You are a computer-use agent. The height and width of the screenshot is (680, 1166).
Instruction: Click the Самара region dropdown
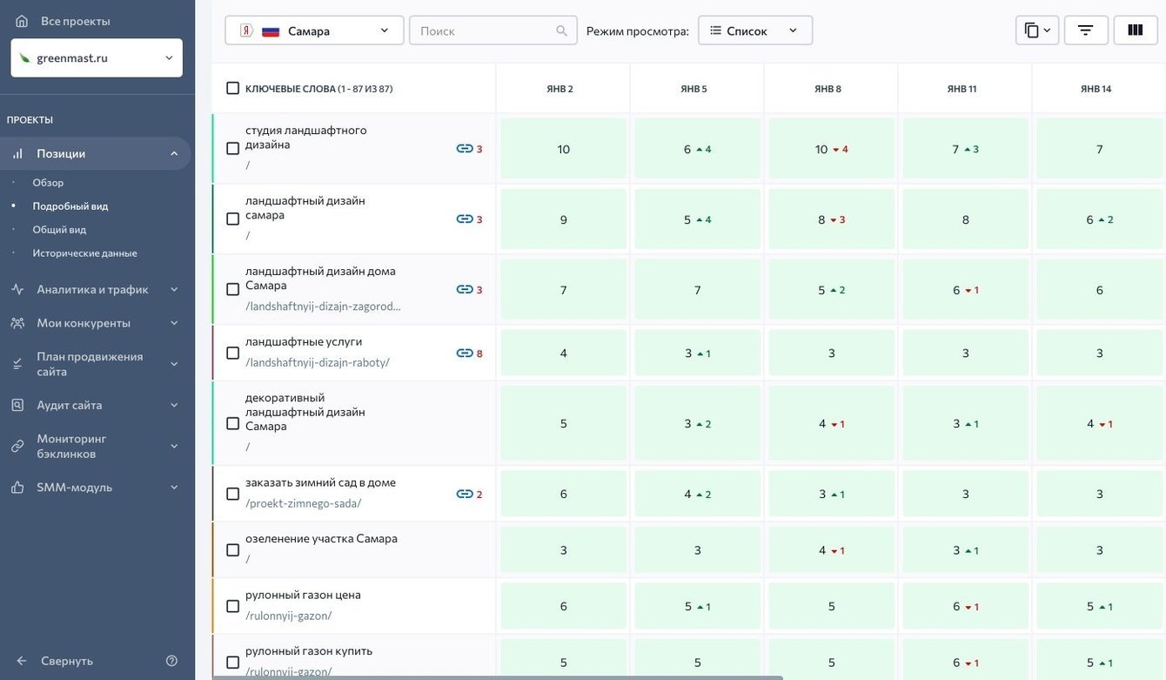[314, 30]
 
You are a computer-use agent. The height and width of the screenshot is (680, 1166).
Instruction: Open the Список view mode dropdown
[754, 30]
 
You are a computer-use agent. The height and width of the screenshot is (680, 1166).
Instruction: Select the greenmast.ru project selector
[97, 57]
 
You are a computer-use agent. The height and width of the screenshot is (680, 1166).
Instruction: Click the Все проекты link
[75, 21]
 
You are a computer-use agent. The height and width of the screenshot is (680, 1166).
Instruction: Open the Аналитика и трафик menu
[93, 289]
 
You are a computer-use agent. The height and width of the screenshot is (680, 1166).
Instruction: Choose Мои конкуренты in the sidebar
[84, 322]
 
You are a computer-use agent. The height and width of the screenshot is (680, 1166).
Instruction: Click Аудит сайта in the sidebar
[70, 405]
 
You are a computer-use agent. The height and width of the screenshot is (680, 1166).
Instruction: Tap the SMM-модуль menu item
[74, 487]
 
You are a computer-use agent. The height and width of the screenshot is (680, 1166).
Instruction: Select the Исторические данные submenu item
[84, 252]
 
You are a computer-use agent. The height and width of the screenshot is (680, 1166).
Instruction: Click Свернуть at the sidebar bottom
[66, 661]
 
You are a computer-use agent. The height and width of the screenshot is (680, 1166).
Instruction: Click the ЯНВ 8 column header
[828, 89]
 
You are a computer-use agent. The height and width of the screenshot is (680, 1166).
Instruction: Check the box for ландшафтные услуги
[232, 353]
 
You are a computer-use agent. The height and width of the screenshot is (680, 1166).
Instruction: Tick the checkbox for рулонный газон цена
[232, 606]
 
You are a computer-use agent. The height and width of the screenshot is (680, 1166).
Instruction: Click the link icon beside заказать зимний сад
[465, 494]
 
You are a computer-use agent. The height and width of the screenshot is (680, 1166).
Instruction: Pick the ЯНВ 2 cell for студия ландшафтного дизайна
[563, 149]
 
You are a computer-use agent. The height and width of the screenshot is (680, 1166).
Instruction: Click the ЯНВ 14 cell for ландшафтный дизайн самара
[1099, 219]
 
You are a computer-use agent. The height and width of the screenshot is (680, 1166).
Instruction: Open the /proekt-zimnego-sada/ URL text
[303, 503]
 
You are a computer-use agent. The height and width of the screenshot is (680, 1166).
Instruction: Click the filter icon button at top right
[1085, 30]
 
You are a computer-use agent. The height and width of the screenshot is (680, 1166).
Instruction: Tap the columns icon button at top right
[1135, 30]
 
